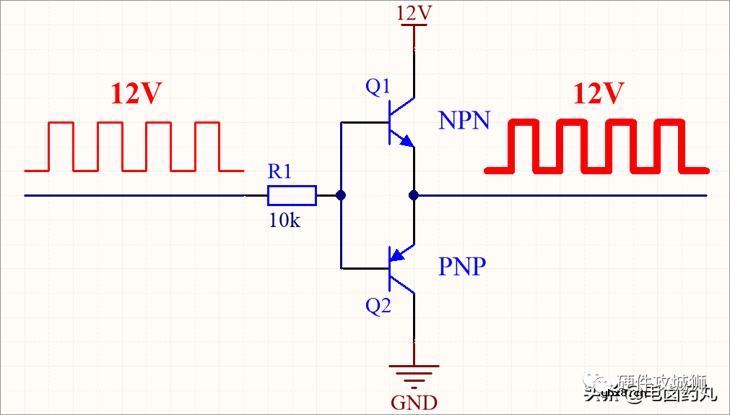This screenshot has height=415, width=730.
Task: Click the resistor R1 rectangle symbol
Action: [292, 195]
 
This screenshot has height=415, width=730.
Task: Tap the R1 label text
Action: [279, 171]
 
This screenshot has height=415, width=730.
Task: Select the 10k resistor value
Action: [284, 221]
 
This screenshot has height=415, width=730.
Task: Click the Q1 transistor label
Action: [378, 87]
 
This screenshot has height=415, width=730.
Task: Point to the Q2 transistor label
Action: [378, 306]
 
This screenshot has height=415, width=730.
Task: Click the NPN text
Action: [464, 121]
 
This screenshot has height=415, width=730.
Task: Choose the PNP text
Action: [462, 267]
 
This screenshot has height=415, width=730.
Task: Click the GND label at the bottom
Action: [414, 402]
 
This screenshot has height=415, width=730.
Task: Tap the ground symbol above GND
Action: [414, 375]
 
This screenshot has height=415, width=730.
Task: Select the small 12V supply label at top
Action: [414, 12]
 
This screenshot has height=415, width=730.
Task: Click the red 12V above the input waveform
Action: [136, 94]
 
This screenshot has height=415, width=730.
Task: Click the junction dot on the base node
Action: [341, 195]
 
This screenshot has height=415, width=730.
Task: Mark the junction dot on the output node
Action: [414, 195]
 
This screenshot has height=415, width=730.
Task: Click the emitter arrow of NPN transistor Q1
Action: [408, 141]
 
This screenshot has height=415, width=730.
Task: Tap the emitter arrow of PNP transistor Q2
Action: [396, 254]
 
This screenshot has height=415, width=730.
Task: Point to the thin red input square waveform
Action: [134, 147]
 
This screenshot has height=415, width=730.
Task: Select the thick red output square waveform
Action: [596, 147]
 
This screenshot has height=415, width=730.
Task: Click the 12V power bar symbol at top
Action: [414, 26]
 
